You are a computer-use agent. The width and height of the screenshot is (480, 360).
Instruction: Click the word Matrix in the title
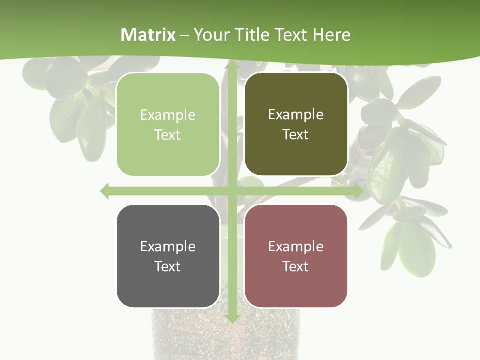tap(148, 35)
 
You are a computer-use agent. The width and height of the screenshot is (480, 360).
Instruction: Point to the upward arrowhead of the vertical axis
tap(232, 65)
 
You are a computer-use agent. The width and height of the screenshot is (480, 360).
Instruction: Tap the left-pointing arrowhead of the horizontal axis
tap(105, 191)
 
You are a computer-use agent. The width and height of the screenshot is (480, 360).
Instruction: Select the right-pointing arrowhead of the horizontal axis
tap(358, 191)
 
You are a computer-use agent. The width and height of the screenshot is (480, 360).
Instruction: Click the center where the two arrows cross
tap(232, 191)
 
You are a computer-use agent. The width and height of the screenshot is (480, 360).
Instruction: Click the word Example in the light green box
tap(168, 115)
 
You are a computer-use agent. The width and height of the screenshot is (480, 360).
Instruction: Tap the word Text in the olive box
tap(296, 134)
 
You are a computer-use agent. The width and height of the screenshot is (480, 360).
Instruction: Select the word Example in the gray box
tap(168, 247)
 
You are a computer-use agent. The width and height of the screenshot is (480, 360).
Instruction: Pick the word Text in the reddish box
tap(296, 266)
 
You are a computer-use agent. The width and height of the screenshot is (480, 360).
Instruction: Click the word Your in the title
tap(210, 35)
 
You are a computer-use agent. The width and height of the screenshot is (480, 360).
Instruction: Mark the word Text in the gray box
tap(168, 266)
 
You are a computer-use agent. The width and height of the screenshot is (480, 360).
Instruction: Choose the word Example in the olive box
tap(296, 115)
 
